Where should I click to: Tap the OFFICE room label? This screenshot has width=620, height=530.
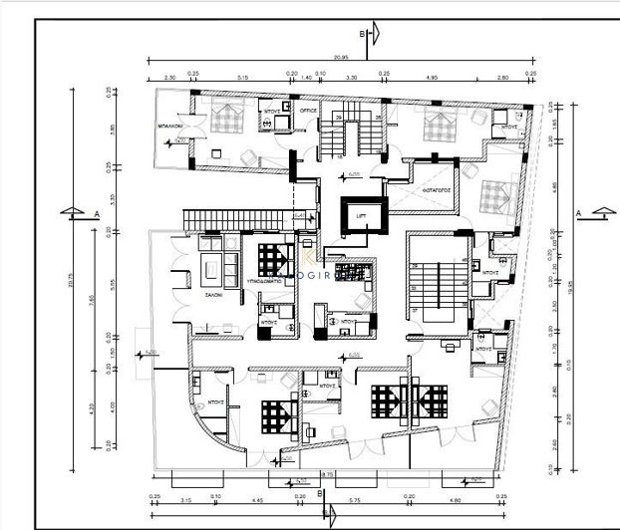click(x=308, y=112)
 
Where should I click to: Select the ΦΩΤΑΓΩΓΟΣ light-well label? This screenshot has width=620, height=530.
click(x=438, y=188)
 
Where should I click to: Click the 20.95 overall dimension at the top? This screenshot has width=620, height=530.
click(x=340, y=56)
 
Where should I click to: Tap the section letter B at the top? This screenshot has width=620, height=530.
click(x=365, y=35)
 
